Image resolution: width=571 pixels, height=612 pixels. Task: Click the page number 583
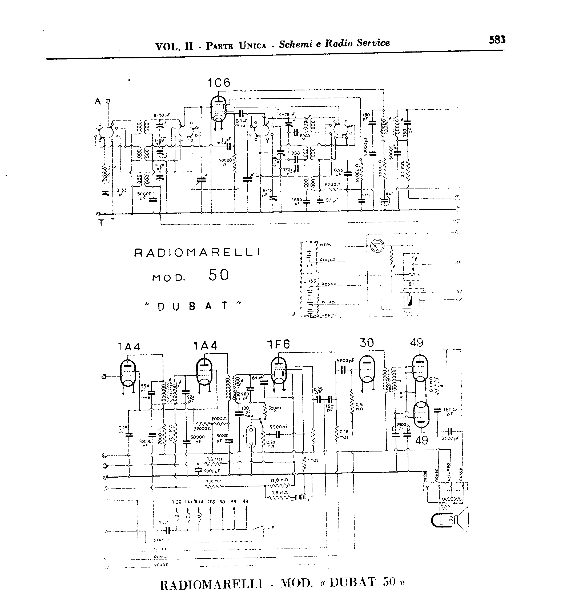click(x=497, y=40)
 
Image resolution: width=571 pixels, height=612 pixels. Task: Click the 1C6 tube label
click(x=219, y=83)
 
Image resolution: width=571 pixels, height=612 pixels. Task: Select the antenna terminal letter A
click(x=98, y=101)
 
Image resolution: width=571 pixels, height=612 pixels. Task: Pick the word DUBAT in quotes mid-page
click(x=192, y=306)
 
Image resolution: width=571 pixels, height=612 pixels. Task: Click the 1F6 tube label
click(x=279, y=345)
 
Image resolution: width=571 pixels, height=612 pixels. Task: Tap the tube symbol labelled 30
click(x=367, y=369)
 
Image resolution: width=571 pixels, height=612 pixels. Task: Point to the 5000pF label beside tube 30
click(x=346, y=361)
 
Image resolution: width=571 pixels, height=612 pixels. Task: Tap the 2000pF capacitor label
click(x=212, y=471)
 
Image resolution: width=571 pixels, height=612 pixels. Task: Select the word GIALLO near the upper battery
click(x=328, y=260)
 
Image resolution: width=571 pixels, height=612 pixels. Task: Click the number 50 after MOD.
click(x=219, y=275)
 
